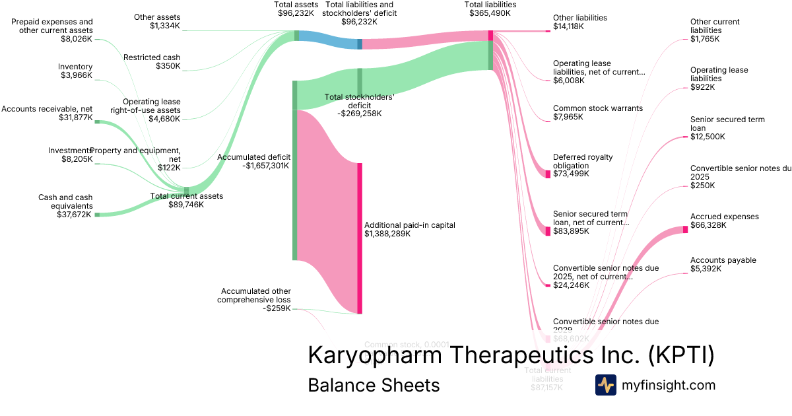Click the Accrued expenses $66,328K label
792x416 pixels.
click(x=724, y=221)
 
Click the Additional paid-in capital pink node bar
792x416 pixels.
click(x=360, y=238)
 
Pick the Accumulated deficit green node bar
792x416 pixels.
click(x=294, y=170)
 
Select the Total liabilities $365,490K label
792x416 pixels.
click(x=490, y=9)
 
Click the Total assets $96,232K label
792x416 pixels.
click(x=296, y=9)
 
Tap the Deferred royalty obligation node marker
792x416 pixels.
click(x=548, y=174)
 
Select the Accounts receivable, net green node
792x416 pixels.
click(x=96, y=122)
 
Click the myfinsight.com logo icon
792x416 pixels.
click(x=606, y=385)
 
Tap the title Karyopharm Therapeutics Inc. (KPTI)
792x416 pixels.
click(x=511, y=355)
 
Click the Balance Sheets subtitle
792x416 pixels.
click(x=374, y=385)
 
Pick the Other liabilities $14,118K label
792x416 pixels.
click(x=579, y=22)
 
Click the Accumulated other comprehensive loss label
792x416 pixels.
click(x=255, y=299)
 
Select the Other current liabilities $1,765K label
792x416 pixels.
click(x=714, y=30)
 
